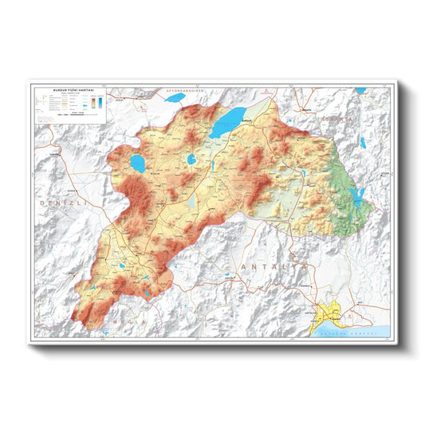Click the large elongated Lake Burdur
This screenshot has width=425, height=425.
[228, 122]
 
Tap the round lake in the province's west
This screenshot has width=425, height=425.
[137, 165]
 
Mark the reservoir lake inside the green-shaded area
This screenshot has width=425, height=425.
[358, 195]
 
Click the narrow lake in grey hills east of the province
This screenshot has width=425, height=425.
[362, 143]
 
